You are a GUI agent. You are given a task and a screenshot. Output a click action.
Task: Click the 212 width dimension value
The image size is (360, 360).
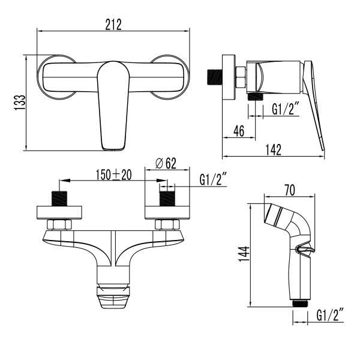tap(113, 23)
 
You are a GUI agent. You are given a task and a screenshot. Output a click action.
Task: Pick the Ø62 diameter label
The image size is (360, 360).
tap(165, 163)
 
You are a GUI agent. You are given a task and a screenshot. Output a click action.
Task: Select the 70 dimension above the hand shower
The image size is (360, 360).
tap(289, 191)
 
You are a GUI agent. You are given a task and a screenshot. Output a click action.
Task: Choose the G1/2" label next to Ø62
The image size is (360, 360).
tap(214, 179)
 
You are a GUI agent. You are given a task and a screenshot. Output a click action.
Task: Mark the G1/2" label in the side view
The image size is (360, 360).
tap(287, 109)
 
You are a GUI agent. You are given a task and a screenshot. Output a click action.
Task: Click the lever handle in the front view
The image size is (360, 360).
tap(113, 105)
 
